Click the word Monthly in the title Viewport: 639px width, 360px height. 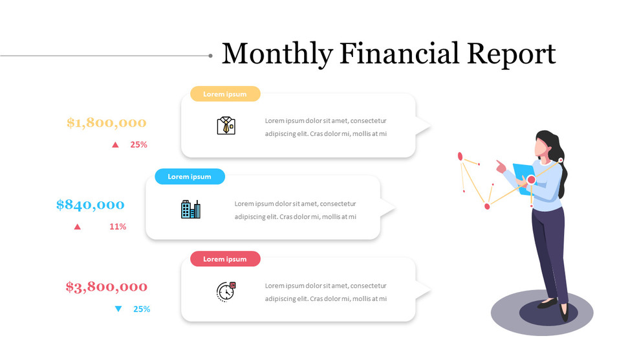point(277,54)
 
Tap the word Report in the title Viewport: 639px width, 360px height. point(512,54)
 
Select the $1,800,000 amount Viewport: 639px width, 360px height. point(107,123)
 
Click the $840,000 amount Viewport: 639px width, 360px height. point(91,205)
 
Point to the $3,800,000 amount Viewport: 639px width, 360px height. point(107,287)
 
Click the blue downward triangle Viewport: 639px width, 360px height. point(118,309)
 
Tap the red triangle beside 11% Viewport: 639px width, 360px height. point(78,227)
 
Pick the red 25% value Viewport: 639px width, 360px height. point(138,144)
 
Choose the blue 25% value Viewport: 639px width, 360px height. point(142,309)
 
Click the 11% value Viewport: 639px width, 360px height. point(118,227)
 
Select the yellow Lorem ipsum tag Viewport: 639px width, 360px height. point(225,94)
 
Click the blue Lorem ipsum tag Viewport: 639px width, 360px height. point(190,176)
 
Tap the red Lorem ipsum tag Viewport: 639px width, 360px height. point(225,259)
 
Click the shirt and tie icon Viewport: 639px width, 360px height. point(226,126)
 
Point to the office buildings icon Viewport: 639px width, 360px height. point(190,209)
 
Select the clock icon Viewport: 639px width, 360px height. point(226,291)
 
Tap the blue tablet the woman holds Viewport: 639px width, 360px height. point(523,174)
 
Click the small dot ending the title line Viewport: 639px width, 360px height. point(210,56)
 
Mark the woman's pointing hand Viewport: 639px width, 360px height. point(501,165)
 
